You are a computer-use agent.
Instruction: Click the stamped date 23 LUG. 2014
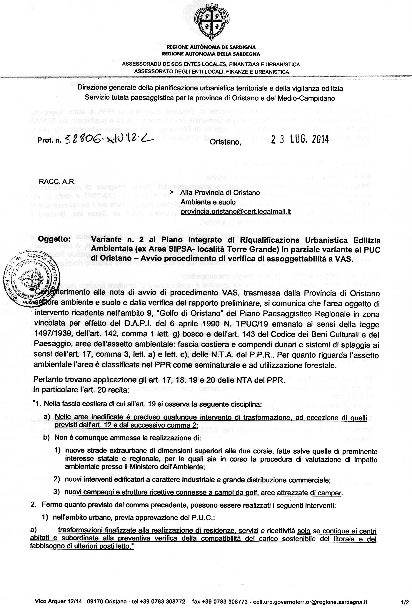tap(300, 140)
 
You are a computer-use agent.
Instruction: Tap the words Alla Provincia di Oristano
tap(221, 193)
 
